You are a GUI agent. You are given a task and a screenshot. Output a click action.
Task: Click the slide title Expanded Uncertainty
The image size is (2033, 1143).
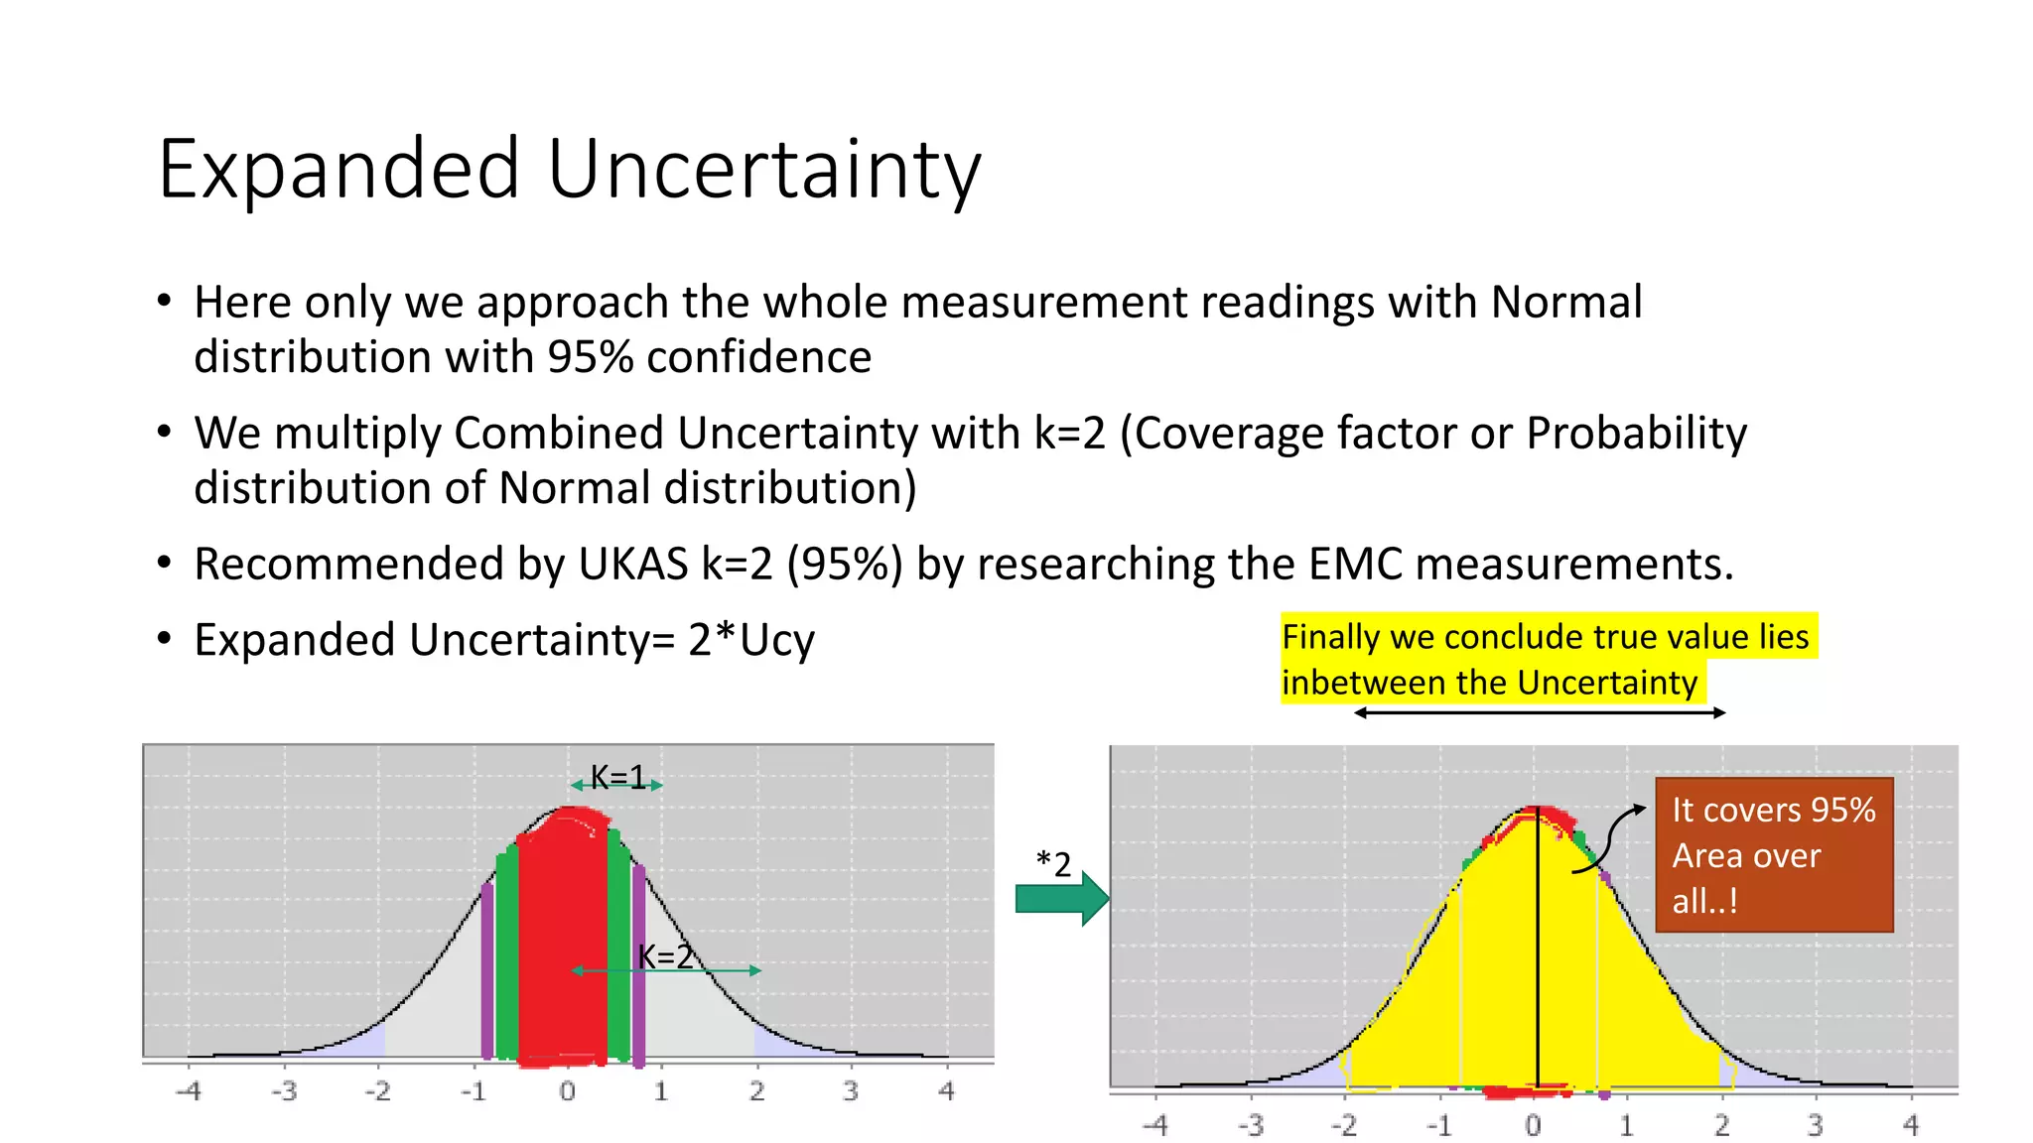569,170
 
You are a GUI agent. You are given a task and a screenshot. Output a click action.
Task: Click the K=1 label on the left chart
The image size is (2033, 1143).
617,777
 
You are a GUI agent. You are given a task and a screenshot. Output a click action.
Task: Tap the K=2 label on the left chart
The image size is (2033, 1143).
665,956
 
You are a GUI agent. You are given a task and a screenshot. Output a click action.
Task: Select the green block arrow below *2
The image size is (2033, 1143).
1061,899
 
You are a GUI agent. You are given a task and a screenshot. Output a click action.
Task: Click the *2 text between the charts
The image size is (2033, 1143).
1053,864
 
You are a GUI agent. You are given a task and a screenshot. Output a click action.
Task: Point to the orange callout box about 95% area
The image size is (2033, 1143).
1774,854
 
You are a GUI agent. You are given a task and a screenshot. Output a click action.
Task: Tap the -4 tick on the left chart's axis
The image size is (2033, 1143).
188,1091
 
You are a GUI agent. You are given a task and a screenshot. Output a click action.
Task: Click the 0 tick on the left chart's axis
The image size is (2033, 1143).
567,1091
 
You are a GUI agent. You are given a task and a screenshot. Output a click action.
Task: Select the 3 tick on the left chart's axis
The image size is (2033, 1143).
851,1091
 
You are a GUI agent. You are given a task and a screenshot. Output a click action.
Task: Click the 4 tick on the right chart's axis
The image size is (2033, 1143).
1911,1125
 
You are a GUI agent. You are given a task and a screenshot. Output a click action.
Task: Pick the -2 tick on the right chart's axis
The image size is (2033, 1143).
1343,1125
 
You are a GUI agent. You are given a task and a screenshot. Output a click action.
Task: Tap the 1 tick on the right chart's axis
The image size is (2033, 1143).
1626,1125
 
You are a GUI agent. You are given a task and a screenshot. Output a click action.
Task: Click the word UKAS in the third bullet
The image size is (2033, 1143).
633,564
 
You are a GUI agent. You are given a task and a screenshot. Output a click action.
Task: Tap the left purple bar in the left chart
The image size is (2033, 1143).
486,972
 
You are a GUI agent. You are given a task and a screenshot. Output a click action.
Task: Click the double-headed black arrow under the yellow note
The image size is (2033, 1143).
1540,712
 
